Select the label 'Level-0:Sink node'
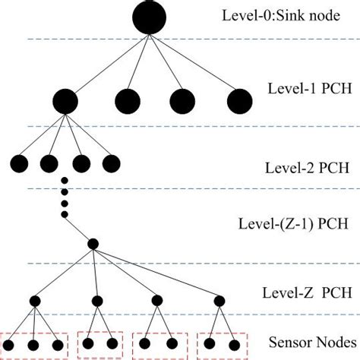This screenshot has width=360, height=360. pyautogui.click(x=270, y=16)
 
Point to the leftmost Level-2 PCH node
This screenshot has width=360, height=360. pyautogui.click(x=18, y=162)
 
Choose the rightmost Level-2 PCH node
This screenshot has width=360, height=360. pyautogui.click(x=111, y=162)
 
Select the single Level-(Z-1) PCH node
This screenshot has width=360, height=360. pyautogui.click(x=93, y=244)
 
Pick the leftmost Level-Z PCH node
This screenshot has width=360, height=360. pyautogui.click(x=35, y=301)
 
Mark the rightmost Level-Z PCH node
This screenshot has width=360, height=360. pyautogui.click(x=219, y=301)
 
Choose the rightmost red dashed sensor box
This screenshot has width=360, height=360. pyautogui.click(x=222, y=343)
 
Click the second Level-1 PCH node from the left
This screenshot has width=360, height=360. pyautogui.click(x=127, y=100)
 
